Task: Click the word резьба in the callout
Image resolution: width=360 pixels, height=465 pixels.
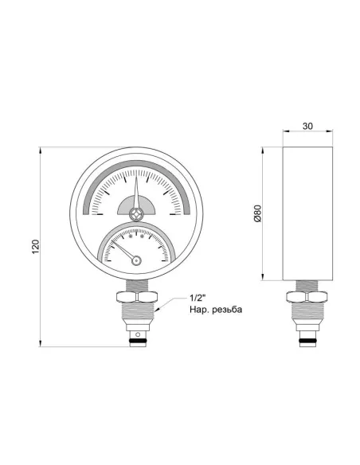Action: pyautogui.click(x=226, y=309)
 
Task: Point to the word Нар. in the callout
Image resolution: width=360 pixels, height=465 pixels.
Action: pyautogui.click(x=199, y=309)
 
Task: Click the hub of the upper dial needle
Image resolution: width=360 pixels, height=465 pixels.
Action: pyautogui.click(x=137, y=213)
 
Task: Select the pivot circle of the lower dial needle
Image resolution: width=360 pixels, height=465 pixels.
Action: pyautogui.click(x=136, y=258)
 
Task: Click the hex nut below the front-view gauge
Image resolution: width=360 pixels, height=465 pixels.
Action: pyautogui.click(x=137, y=299)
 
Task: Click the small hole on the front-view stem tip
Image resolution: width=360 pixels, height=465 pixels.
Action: pyautogui.click(x=137, y=333)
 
